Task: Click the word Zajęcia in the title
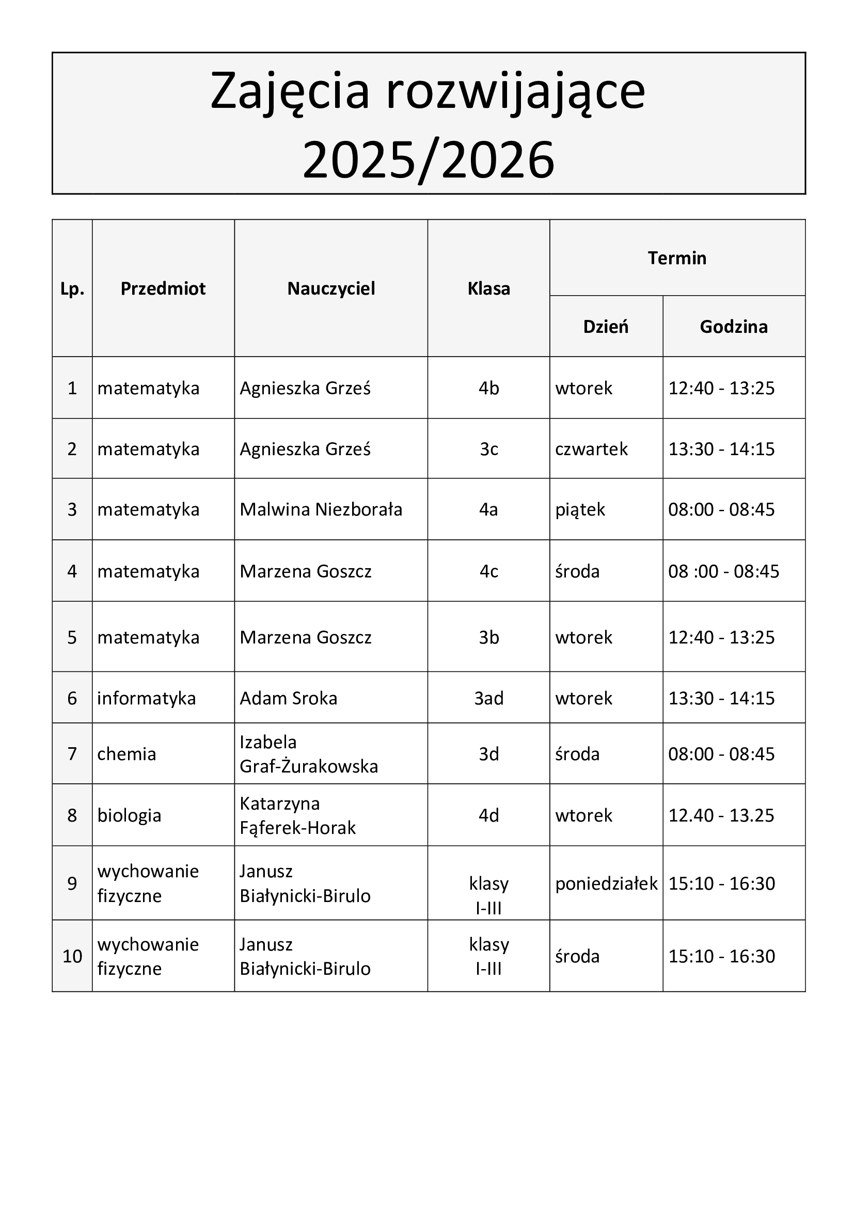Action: pyautogui.click(x=290, y=91)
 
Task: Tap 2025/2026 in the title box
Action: pyautogui.click(x=428, y=160)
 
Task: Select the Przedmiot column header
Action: pyautogui.click(x=163, y=288)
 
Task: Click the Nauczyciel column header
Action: pyautogui.click(x=331, y=288)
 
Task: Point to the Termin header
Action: pyautogui.click(x=677, y=258)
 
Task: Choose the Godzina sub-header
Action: pyautogui.click(x=734, y=327)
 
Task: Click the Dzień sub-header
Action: pyautogui.click(x=606, y=327)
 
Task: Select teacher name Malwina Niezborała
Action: pyautogui.click(x=321, y=509)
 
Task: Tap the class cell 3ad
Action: pyautogui.click(x=488, y=698)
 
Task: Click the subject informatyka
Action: pyautogui.click(x=146, y=698)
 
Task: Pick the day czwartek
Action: pyautogui.click(x=591, y=449)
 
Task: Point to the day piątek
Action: pyautogui.click(x=580, y=509)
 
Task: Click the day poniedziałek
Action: pyautogui.click(x=606, y=883)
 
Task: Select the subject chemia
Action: pyautogui.click(x=126, y=754)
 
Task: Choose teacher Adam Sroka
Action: pyautogui.click(x=288, y=698)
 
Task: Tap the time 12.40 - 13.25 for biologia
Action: pyautogui.click(x=721, y=815)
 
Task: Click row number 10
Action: pyautogui.click(x=72, y=956)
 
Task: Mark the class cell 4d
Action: pyautogui.click(x=488, y=815)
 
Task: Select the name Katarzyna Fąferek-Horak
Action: pyautogui.click(x=297, y=815)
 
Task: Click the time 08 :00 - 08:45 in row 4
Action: pyautogui.click(x=723, y=571)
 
